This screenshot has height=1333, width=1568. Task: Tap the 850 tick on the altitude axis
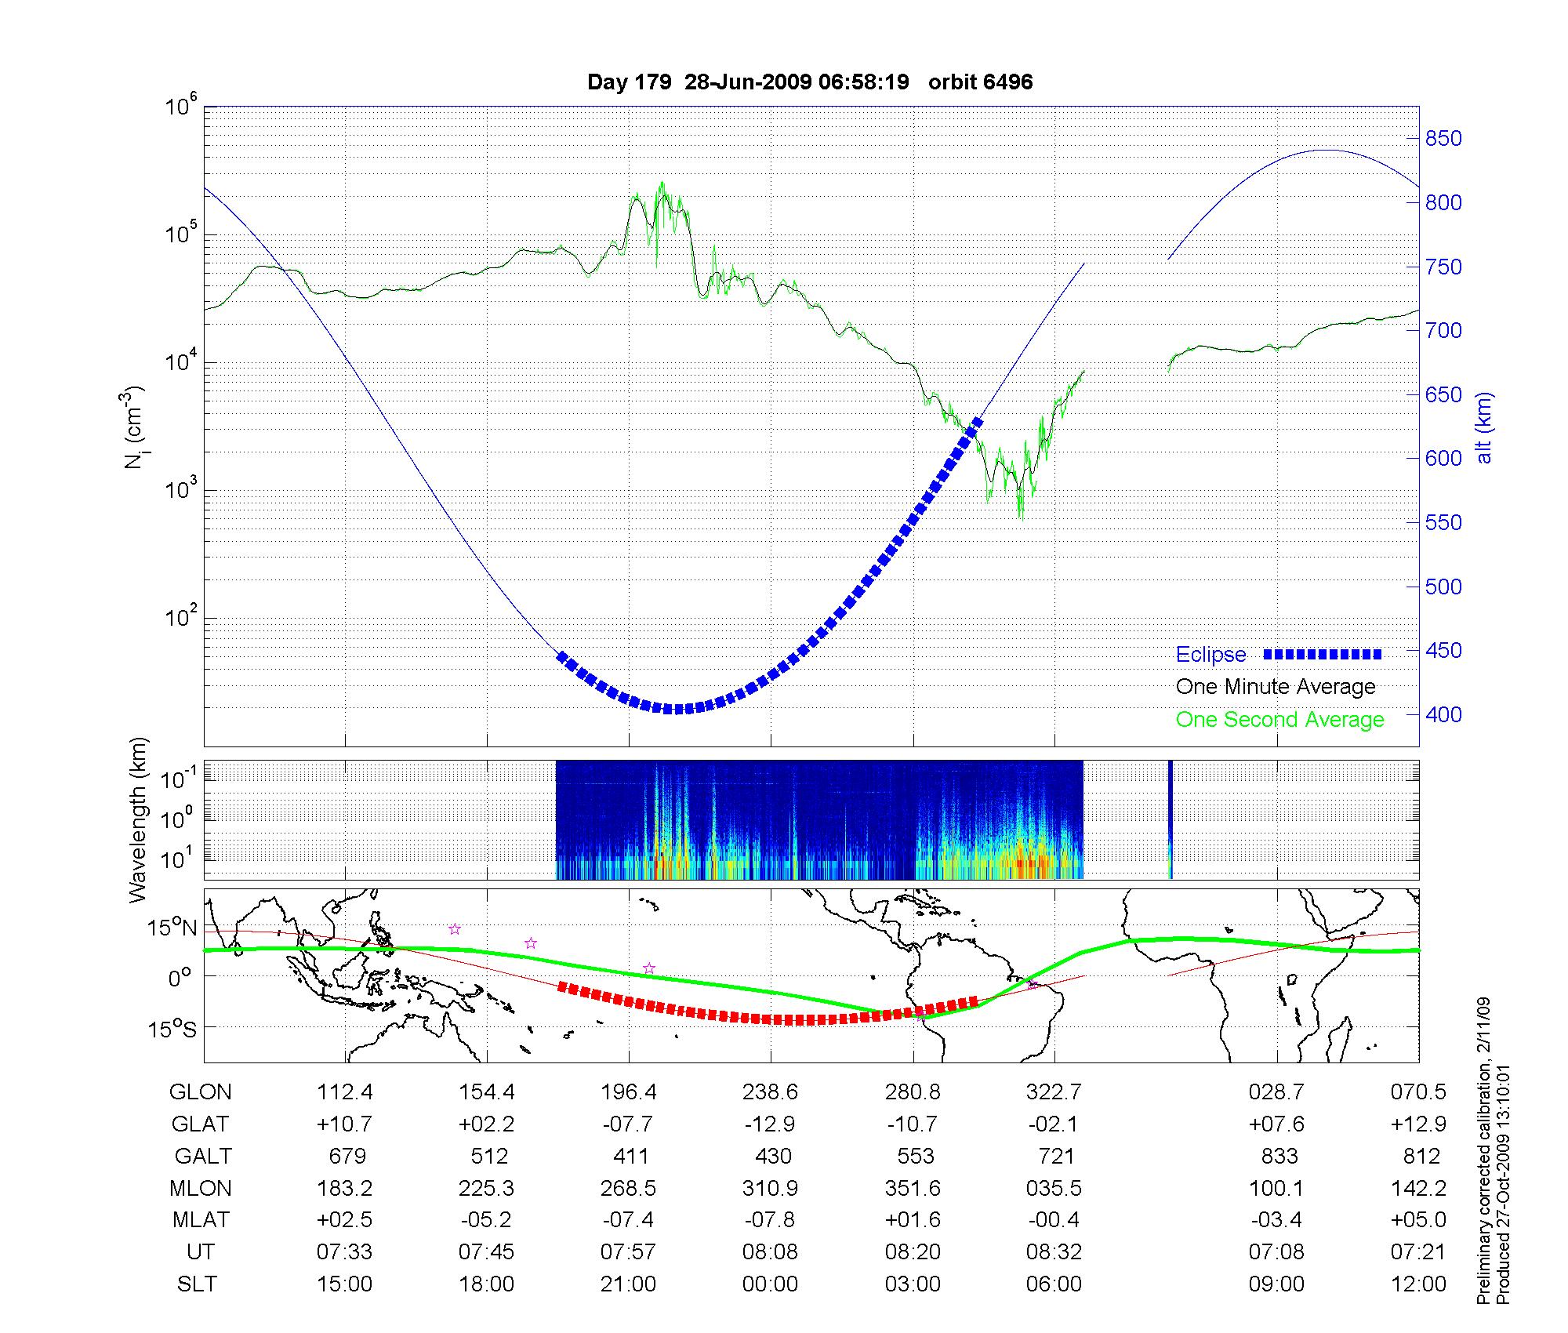pyautogui.click(x=1443, y=139)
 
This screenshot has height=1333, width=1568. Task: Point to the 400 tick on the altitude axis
pyautogui.click(x=1443, y=714)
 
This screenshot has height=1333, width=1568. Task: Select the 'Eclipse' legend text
pyautogui.click(x=1210, y=655)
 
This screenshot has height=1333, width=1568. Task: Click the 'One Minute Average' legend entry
pyautogui.click(x=1276, y=687)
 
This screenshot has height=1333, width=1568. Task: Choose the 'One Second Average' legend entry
pyautogui.click(x=1279, y=720)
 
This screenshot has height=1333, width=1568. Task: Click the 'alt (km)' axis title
pyautogui.click(x=1484, y=427)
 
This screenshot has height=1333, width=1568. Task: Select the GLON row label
pyautogui.click(x=201, y=1092)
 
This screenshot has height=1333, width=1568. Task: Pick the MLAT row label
pyautogui.click(x=201, y=1220)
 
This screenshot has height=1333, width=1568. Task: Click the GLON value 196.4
pyautogui.click(x=628, y=1092)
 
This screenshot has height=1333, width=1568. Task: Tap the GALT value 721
pyautogui.click(x=1054, y=1157)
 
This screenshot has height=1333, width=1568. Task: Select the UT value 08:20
pyautogui.click(x=913, y=1252)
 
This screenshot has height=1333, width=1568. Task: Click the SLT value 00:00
pyautogui.click(x=770, y=1284)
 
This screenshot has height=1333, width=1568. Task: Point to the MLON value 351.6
pyautogui.click(x=913, y=1189)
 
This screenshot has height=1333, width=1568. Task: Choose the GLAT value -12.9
pyautogui.click(x=770, y=1124)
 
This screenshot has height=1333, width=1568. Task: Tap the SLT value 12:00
pyautogui.click(x=1418, y=1284)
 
